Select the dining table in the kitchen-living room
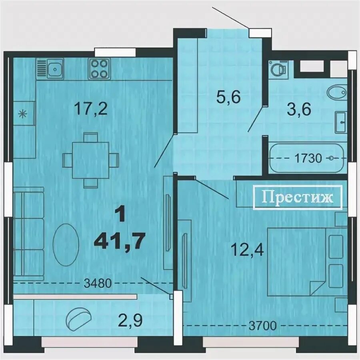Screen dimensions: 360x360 90,160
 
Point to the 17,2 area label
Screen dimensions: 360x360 91,109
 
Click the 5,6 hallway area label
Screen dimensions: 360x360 228,97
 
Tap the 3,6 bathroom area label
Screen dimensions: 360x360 299,109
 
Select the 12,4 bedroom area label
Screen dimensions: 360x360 248,250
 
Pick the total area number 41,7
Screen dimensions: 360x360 120,240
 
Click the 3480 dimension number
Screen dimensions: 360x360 98,283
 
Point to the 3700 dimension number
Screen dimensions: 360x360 263,326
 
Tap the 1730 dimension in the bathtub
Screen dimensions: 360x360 308,158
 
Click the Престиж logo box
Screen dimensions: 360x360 298,198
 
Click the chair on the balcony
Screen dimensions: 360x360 78,319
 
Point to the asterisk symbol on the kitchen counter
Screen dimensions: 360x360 23,114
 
